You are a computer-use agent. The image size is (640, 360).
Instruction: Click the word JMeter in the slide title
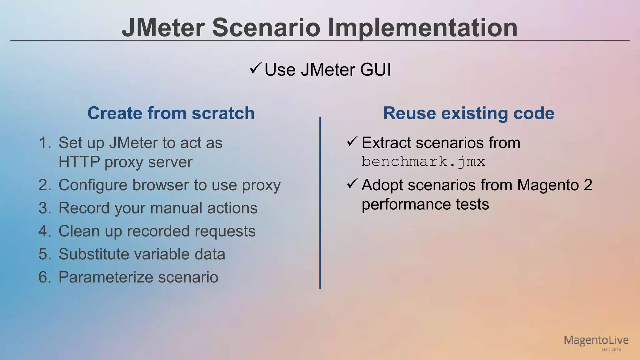coord(163,28)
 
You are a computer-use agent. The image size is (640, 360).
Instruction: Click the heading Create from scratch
coord(171,113)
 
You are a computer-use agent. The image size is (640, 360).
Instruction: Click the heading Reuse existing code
coord(468,113)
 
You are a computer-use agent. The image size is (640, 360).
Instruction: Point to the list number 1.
coord(45,143)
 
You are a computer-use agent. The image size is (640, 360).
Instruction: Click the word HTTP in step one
coord(79,162)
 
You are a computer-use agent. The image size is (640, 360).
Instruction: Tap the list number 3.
coord(45,208)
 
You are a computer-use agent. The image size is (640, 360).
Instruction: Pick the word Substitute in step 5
coord(93,254)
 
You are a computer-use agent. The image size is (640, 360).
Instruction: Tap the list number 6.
coord(45,277)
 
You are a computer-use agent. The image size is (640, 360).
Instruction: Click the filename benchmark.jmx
coord(423,162)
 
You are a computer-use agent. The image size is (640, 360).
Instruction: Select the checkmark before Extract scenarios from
coord(352,142)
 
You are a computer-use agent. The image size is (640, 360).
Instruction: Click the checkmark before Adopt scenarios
coord(352,184)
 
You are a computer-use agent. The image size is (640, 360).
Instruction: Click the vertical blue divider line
coord(320,203)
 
